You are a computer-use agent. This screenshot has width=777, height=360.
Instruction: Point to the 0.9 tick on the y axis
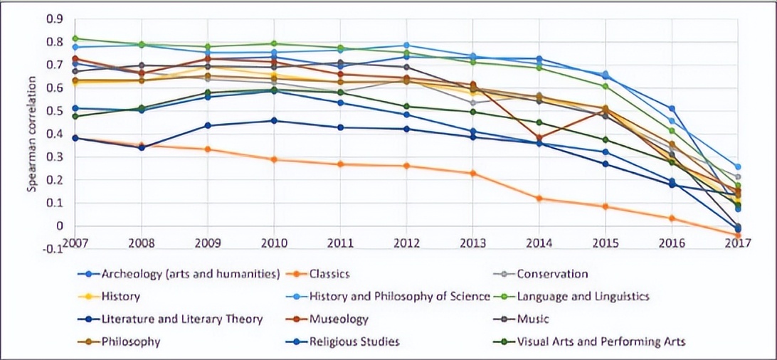[x=55, y=19]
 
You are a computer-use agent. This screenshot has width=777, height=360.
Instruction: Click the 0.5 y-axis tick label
[x=55, y=111]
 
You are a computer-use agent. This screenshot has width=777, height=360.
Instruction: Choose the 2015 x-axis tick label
[x=605, y=242]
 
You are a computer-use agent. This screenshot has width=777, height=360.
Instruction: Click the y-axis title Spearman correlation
[x=31, y=134]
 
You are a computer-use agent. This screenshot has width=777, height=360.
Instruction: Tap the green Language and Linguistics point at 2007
[x=75, y=38]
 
